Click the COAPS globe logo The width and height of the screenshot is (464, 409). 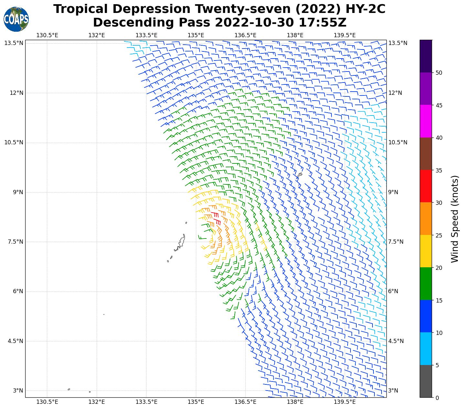16,19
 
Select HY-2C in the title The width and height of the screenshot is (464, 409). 365,9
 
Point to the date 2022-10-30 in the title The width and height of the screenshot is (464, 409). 254,23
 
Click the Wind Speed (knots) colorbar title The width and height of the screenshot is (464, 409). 455,219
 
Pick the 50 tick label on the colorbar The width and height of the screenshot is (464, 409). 439,73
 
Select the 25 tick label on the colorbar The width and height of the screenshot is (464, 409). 439,235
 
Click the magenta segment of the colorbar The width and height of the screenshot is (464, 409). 426,121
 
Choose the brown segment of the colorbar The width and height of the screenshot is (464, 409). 426,154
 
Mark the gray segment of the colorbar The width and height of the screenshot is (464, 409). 426,381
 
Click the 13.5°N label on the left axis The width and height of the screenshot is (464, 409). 14,43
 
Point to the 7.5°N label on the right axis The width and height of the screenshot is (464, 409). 396,242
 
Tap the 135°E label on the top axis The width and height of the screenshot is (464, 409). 196,35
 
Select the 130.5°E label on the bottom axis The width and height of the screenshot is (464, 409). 47,402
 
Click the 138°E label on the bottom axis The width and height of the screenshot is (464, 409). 295,402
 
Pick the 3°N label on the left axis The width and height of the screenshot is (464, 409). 18,391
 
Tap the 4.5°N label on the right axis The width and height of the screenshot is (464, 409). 396,341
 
